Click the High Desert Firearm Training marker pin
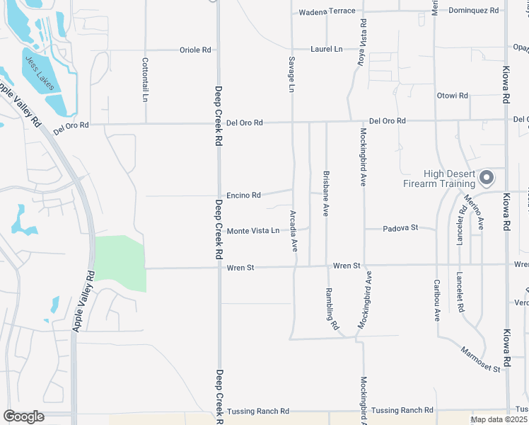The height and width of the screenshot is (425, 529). (x=487, y=177)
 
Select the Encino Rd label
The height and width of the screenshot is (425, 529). (x=244, y=195)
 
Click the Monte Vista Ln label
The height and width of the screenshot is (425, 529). (x=253, y=231)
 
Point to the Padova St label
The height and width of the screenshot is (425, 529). (x=400, y=228)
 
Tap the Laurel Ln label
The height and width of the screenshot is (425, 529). (x=326, y=49)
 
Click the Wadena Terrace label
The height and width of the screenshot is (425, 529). (x=327, y=12)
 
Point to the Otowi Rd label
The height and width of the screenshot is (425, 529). (x=453, y=95)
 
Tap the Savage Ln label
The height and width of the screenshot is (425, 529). (x=291, y=74)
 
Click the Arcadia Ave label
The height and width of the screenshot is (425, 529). (x=293, y=230)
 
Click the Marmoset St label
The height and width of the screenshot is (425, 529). (x=480, y=359)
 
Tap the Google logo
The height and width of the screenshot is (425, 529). (x=23, y=416)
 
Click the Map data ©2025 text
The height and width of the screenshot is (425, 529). (x=499, y=419)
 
